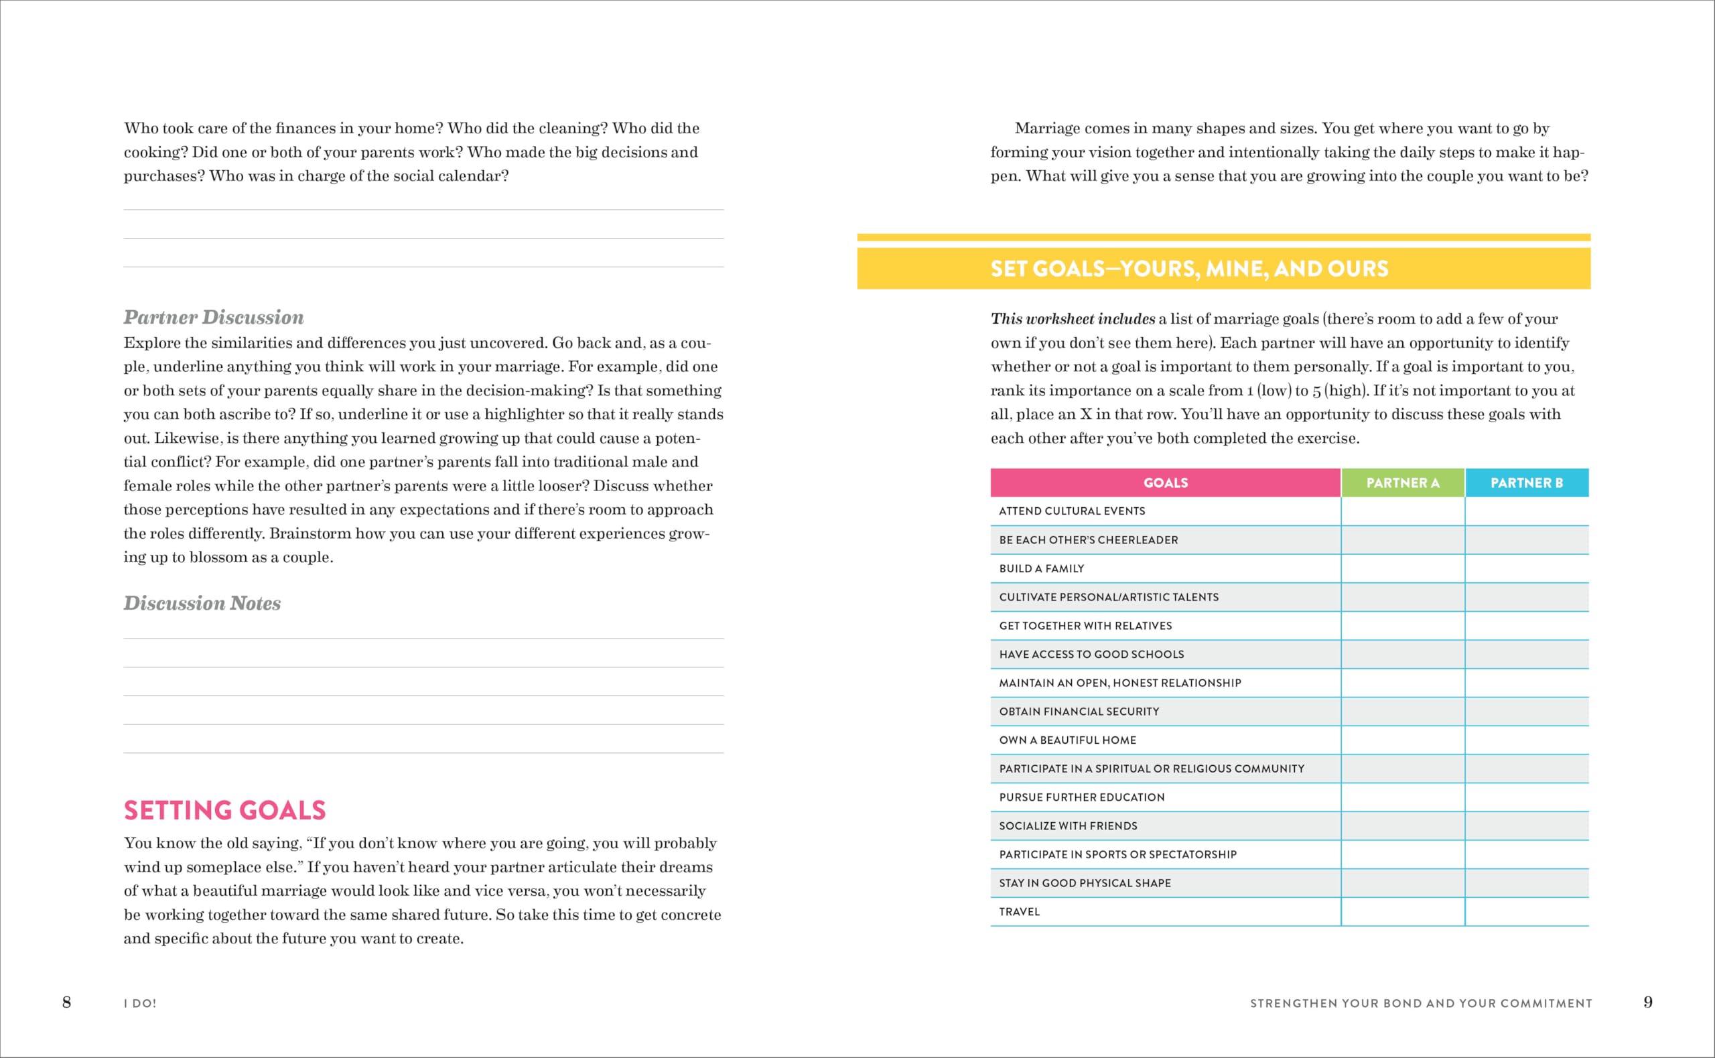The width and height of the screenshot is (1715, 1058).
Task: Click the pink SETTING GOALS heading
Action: (x=224, y=810)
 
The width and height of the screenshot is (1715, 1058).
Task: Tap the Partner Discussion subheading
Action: (x=213, y=318)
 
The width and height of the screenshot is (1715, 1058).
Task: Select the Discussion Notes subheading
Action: (x=202, y=603)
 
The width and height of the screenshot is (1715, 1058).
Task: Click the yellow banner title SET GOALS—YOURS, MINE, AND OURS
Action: (x=1189, y=269)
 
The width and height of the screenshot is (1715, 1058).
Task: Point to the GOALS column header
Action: (x=1165, y=483)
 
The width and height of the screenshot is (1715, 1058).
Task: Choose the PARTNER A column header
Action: (x=1402, y=483)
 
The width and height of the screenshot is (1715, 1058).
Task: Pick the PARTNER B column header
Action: (x=1526, y=483)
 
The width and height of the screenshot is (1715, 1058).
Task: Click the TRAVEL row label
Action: (x=1019, y=912)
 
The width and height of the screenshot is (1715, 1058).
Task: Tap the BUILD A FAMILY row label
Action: (x=1042, y=569)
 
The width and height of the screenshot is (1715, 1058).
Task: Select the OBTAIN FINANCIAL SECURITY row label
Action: (x=1079, y=712)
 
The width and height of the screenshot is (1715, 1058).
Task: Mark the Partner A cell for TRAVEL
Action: (x=1402, y=912)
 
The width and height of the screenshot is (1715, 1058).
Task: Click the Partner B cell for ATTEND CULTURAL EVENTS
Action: (x=1526, y=511)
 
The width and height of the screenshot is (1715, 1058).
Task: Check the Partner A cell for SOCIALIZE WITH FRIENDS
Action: (x=1402, y=825)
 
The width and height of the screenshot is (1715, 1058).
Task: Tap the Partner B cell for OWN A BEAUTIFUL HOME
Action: (x=1526, y=740)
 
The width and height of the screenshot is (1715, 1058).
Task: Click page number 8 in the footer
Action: (x=66, y=1002)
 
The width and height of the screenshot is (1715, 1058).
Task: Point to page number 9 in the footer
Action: (x=1648, y=1002)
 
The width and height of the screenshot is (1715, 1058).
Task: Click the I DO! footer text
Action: (x=140, y=1004)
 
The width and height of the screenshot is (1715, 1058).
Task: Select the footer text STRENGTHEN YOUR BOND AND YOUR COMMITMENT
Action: (x=1420, y=1004)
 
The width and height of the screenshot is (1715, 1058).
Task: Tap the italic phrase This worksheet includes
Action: (x=1073, y=319)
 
